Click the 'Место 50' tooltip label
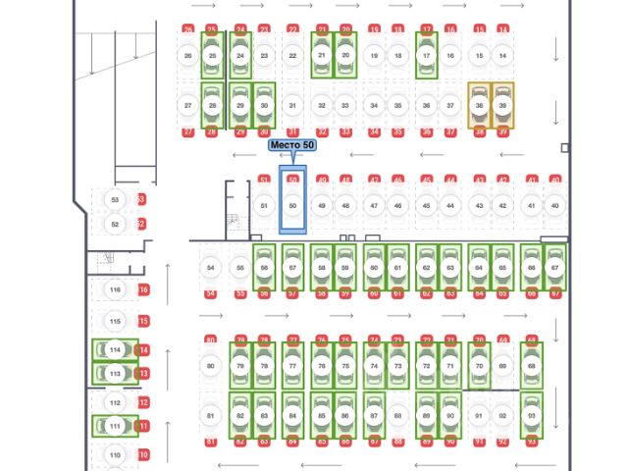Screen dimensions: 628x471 coord(292,145)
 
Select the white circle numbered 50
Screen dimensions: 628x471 coord(292,205)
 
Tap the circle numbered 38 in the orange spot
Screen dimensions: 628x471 coord(479,105)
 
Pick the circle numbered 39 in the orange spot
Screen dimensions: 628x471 coord(502,105)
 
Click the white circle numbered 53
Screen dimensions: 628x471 coord(115,199)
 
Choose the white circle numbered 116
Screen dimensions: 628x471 coord(115,289)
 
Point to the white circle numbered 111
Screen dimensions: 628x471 coord(115,426)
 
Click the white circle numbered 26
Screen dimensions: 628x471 coord(187,56)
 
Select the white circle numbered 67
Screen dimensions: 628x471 coord(555,267)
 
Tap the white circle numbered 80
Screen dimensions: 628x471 coord(211,366)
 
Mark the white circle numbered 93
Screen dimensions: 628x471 coord(531,416)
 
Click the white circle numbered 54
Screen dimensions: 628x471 coord(211,267)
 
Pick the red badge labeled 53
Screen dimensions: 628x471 coord(141,199)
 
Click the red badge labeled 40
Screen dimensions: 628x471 coord(555,181)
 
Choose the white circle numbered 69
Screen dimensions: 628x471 coord(502,366)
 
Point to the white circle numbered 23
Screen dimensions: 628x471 coord(265,56)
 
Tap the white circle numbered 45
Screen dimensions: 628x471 coord(426,205)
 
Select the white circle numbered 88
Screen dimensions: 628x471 coord(397,416)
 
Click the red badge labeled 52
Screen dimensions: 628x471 coord(141,224)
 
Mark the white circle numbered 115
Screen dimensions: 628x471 coord(115,321)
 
